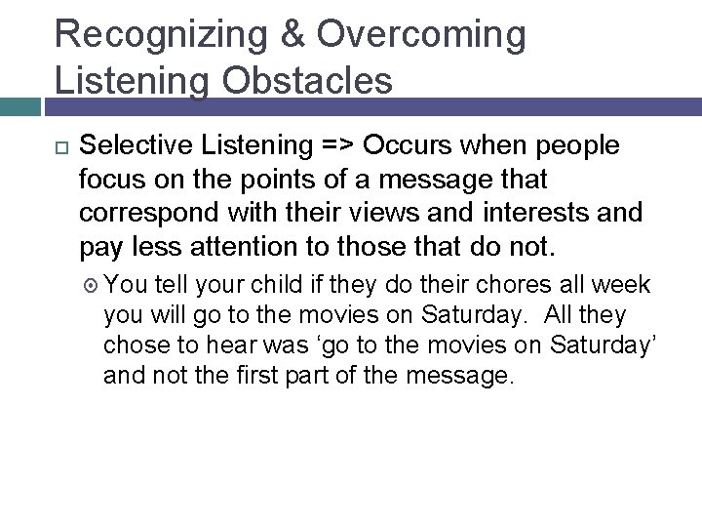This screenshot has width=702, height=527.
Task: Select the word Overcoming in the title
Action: [x=421, y=35]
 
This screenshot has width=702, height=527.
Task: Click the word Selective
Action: [x=132, y=146]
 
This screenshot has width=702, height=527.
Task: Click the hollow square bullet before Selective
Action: [x=53, y=146]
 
